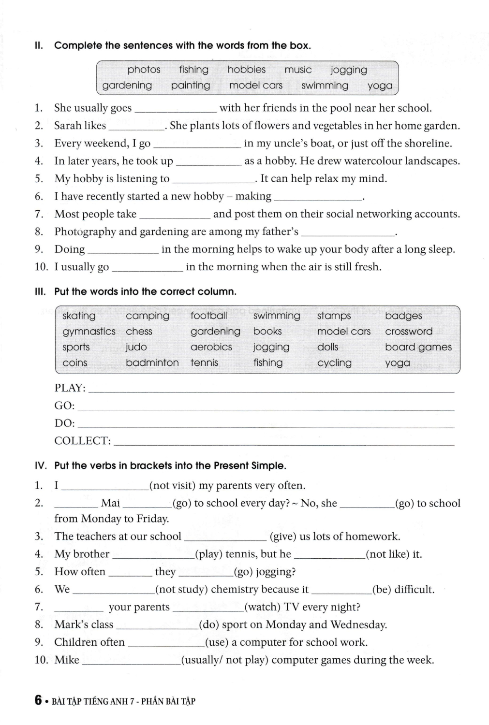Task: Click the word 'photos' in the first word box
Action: (x=144, y=70)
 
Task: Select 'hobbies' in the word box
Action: (x=246, y=70)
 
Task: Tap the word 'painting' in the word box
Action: (x=191, y=86)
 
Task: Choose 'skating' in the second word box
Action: (x=79, y=316)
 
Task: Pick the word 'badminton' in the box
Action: (x=152, y=362)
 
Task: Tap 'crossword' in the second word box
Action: (x=409, y=332)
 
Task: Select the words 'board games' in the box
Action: (x=418, y=347)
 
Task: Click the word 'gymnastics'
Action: (x=89, y=332)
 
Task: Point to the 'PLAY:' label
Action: (x=70, y=388)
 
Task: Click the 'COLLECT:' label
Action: (x=82, y=441)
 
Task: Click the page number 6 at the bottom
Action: (x=38, y=700)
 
